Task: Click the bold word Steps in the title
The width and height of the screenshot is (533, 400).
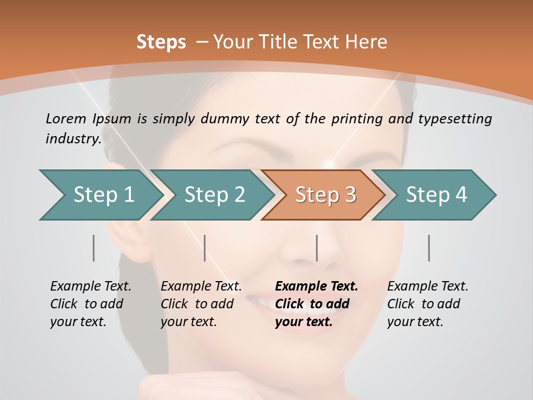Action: click(161, 42)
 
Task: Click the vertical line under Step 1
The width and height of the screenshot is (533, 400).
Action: click(94, 248)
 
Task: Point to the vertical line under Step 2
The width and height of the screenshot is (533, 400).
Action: click(205, 248)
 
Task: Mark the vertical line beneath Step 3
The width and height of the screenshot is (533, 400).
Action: click(316, 248)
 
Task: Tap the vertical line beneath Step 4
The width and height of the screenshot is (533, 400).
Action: click(429, 248)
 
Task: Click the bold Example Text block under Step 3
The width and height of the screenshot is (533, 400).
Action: click(316, 304)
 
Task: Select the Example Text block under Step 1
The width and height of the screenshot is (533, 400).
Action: click(90, 304)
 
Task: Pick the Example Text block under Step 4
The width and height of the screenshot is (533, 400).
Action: click(428, 304)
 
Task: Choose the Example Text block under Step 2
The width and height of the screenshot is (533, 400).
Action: click(201, 304)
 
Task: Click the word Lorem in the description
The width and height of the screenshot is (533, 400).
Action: click(66, 118)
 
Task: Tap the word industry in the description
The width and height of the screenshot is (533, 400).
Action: click(72, 138)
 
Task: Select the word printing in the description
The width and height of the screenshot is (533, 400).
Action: click(355, 119)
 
